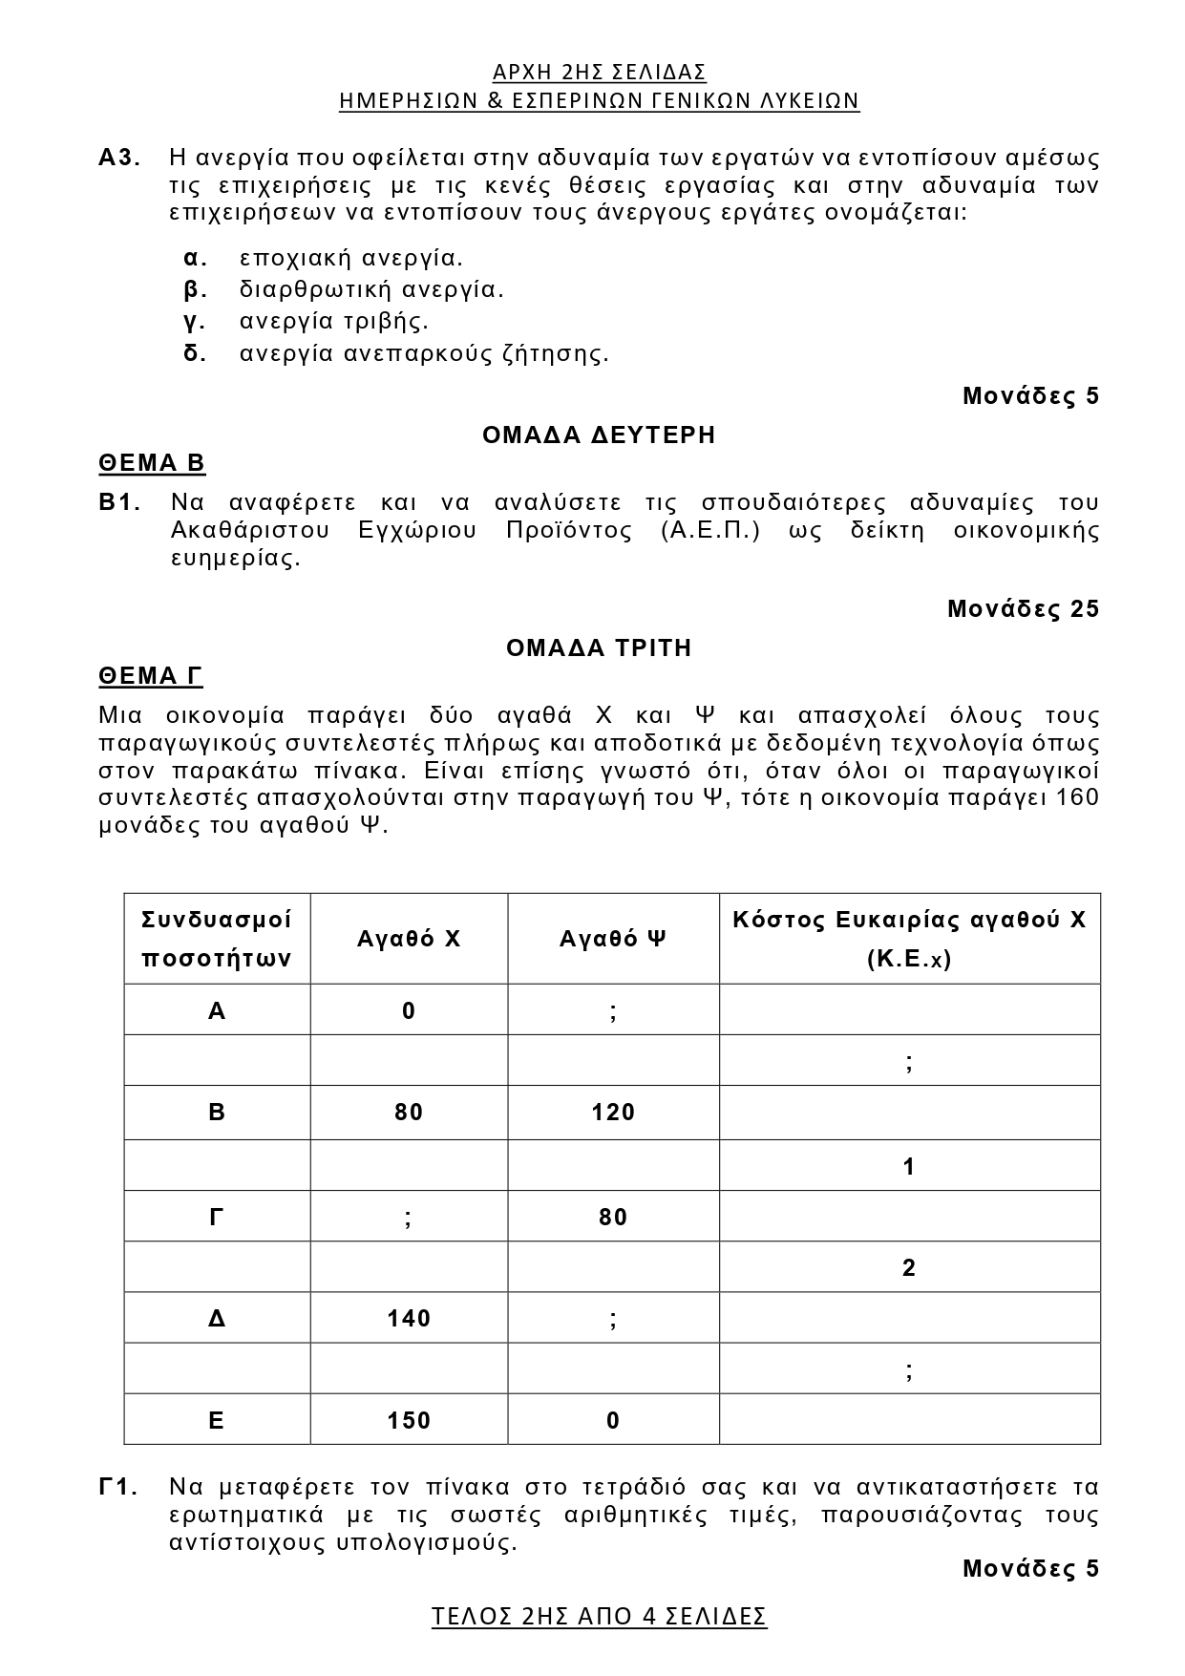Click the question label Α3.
[x=119, y=158]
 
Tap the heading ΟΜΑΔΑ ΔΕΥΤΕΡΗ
[x=599, y=435]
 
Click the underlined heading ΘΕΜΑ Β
[x=152, y=464]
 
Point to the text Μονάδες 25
[x=1023, y=609]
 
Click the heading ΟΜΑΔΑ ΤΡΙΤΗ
[x=599, y=648]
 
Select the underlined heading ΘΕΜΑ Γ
[x=151, y=677]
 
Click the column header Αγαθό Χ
[x=409, y=939]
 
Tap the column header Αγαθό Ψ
[x=613, y=939]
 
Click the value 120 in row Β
[x=613, y=1113]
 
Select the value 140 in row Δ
[x=409, y=1319]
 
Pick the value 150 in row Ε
[x=409, y=1421]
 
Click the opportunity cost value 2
[x=909, y=1268]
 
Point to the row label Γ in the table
[x=217, y=1218]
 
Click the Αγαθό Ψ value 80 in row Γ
[x=613, y=1218]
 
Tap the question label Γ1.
[x=119, y=1488]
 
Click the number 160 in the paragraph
[x=1079, y=797]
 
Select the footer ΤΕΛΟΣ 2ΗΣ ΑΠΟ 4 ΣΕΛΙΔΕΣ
[x=599, y=1617]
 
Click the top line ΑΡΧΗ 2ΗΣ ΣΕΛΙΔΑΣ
[x=599, y=74]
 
